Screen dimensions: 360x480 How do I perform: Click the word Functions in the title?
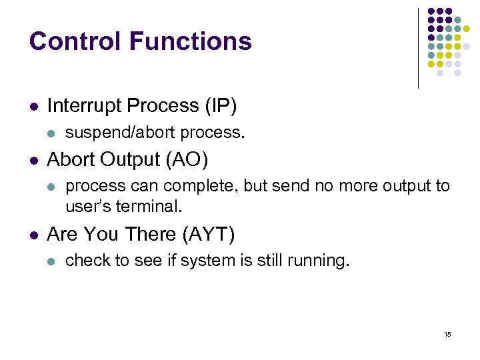(190, 41)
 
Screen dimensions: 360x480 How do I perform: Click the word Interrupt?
(85, 105)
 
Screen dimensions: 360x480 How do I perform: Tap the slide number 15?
(447, 334)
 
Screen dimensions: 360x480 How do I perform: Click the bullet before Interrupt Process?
(33, 106)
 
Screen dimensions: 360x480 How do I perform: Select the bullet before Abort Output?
(33, 161)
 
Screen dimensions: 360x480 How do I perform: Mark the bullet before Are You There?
(33, 235)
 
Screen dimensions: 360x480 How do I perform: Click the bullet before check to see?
(52, 261)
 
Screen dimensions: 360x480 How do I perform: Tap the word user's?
(89, 207)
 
